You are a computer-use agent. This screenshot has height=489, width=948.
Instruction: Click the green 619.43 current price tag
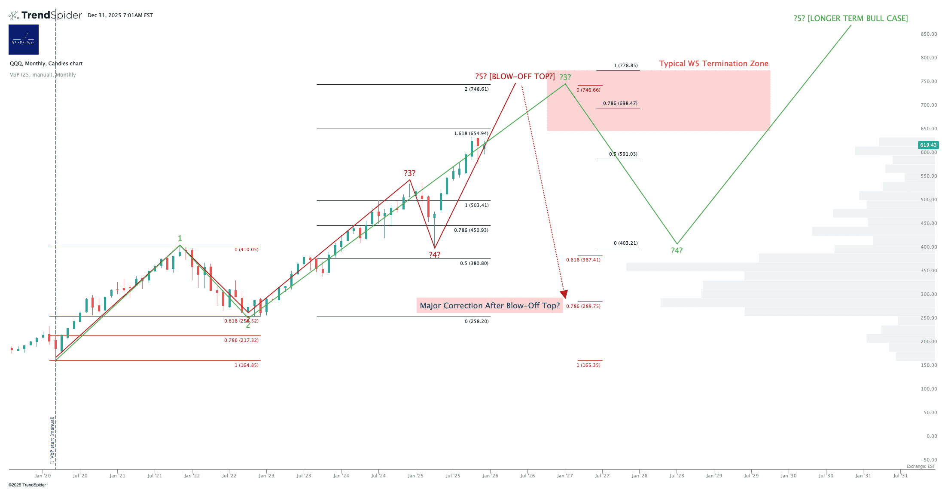(928, 145)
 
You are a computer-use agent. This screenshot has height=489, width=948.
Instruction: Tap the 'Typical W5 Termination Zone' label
(713, 64)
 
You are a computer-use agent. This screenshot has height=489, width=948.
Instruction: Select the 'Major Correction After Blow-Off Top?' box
(489, 306)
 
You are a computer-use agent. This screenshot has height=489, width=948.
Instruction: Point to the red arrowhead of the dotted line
(564, 295)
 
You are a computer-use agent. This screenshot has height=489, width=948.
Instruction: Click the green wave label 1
(180, 239)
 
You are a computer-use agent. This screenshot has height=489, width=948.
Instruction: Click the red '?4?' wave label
(434, 255)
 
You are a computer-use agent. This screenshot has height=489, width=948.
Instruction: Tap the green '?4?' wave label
(677, 251)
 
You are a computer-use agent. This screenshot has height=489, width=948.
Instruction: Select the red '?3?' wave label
(409, 173)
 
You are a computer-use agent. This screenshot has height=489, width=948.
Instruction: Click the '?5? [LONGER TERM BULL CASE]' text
(850, 18)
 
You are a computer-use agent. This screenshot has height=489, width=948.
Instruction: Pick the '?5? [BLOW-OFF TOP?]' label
(515, 77)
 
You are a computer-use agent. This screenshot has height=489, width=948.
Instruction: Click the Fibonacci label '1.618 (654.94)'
(471, 134)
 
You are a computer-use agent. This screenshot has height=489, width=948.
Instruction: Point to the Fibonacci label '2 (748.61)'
(476, 89)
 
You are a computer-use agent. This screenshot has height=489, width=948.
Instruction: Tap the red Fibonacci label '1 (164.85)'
(247, 366)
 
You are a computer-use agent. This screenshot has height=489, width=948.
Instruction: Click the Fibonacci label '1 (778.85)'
(625, 66)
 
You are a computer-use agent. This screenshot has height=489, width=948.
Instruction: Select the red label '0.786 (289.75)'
(583, 307)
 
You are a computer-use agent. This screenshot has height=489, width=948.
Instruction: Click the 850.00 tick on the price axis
(929, 34)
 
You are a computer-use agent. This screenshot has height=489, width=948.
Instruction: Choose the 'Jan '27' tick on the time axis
(564, 476)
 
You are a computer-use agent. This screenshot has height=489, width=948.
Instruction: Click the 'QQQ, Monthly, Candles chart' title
(46, 64)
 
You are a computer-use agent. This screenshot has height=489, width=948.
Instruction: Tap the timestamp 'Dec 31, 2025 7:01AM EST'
(120, 15)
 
